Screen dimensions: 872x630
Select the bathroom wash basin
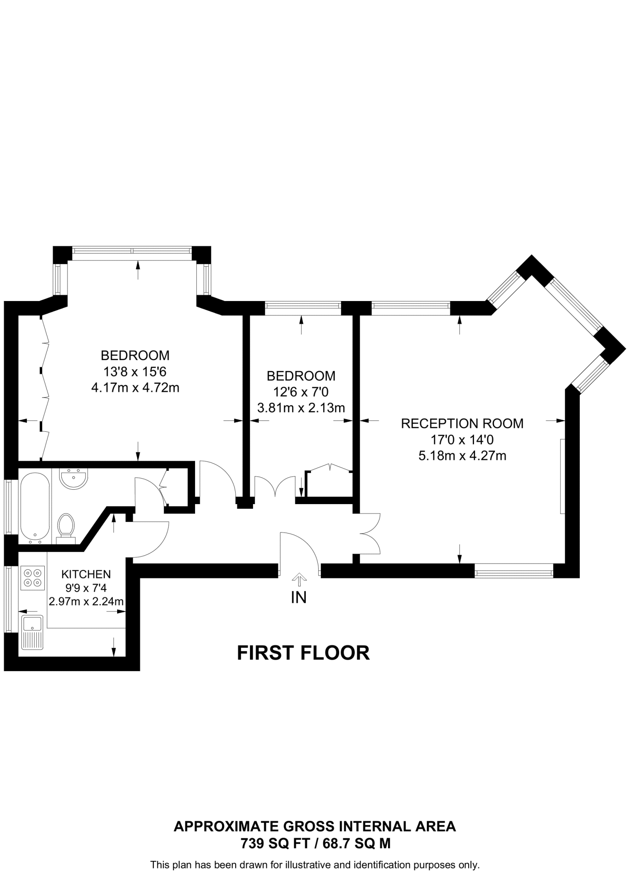tap(74, 479)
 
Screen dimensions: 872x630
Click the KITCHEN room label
tap(86, 574)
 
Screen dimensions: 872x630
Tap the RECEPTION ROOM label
tap(462, 423)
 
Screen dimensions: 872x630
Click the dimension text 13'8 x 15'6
tap(135, 372)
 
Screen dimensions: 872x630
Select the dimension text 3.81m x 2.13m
tap(301, 408)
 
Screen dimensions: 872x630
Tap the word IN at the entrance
tap(299, 597)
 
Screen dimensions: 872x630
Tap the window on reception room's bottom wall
tap(514, 571)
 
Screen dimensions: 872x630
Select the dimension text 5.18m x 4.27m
tap(462, 456)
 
